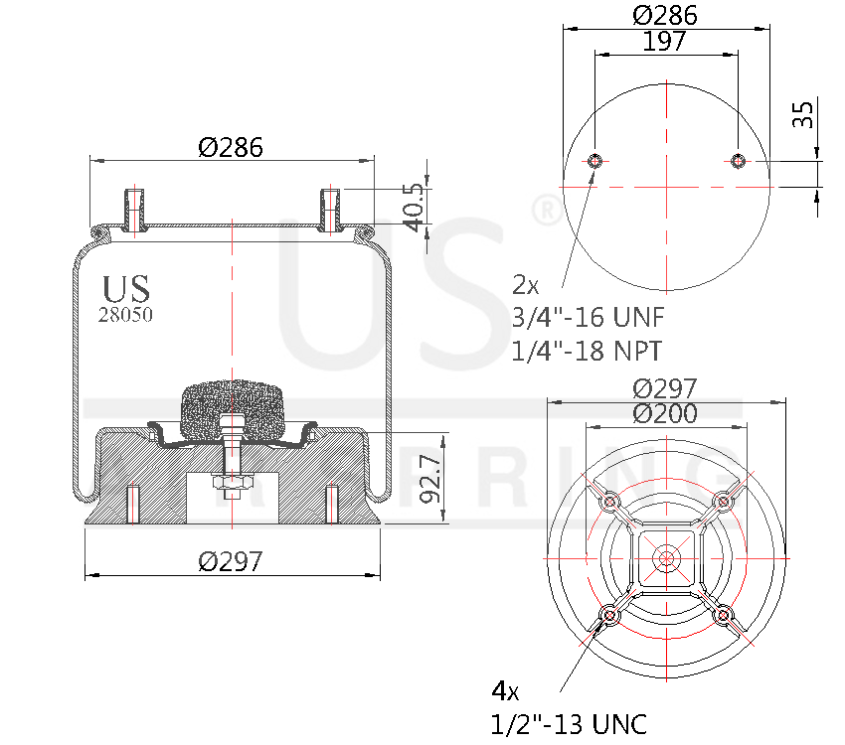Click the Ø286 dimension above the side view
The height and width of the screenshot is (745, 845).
point(230,148)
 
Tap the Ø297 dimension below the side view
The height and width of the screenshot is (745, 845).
point(230,561)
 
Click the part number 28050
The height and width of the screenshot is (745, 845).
point(125,314)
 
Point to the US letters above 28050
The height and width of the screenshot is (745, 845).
point(126,288)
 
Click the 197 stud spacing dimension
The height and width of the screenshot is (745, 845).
point(665,41)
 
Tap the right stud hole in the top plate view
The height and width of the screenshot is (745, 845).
point(738,162)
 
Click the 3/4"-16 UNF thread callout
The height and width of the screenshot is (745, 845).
point(588,318)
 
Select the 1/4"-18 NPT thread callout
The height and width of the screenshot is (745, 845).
point(588,350)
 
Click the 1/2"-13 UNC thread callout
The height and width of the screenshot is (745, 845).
point(569,722)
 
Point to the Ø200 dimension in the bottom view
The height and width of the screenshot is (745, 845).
point(665,414)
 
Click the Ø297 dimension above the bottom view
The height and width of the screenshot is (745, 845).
point(665,388)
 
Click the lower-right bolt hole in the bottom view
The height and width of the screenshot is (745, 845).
point(724,617)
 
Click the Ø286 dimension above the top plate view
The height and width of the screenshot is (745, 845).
point(665,15)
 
